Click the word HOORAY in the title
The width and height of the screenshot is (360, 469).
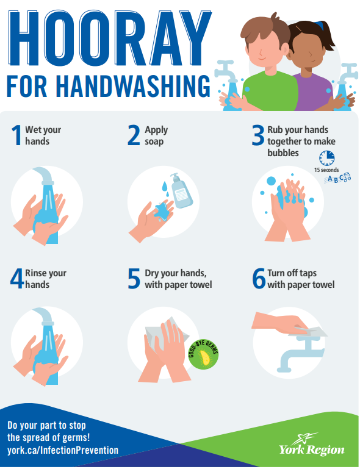pyautogui.click(x=110, y=38)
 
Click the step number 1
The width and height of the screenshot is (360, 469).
pyautogui.click(x=16, y=135)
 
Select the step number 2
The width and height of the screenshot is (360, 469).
pyautogui.click(x=134, y=135)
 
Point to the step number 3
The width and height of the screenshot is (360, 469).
pyautogui.click(x=258, y=135)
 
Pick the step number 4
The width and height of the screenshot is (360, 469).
pyautogui.click(x=16, y=279)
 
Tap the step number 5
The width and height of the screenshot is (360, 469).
pyautogui.click(x=134, y=279)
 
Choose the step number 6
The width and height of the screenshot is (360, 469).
pyautogui.click(x=259, y=279)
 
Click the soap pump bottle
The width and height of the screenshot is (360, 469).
pyautogui.click(x=181, y=192)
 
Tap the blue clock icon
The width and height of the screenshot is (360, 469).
pyautogui.click(x=326, y=158)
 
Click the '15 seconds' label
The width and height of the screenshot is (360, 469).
pyautogui.click(x=326, y=170)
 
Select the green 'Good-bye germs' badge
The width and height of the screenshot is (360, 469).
pyautogui.click(x=203, y=354)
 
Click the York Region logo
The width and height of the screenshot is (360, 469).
pyautogui.click(x=312, y=445)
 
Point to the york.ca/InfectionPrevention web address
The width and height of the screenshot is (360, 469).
pyautogui.click(x=63, y=450)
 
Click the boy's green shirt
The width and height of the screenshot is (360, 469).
pyautogui.click(x=270, y=91)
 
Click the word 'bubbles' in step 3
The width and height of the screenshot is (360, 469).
pyautogui.click(x=283, y=153)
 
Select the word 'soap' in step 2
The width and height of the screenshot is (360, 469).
pyautogui.click(x=154, y=141)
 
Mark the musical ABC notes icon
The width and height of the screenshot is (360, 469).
pyautogui.click(x=337, y=179)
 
